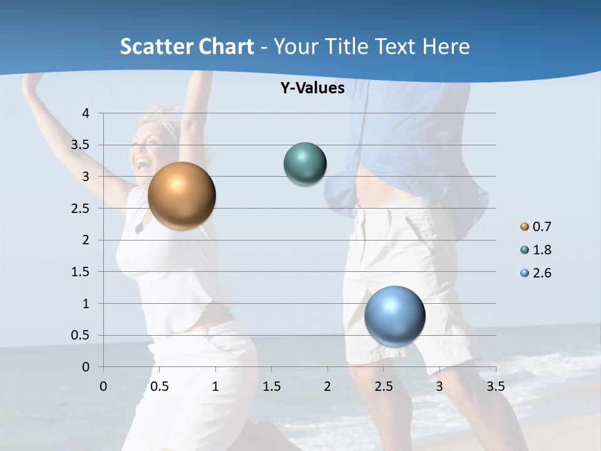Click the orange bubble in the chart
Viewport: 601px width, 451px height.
click(182, 195)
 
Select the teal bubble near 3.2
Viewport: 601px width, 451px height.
click(305, 164)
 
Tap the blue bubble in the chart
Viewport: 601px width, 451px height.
click(394, 316)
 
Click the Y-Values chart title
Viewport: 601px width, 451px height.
click(312, 88)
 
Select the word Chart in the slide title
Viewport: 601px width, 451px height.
click(226, 46)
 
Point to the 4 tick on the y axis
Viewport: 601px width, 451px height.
click(86, 113)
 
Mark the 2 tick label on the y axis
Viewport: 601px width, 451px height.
click(86, 240)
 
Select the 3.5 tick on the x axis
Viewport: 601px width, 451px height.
click(495, 386)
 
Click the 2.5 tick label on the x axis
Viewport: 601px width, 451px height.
click(383, 386)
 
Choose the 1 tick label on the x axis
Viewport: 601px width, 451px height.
click(215, 386)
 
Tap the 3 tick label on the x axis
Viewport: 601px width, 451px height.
click(439, 386)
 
